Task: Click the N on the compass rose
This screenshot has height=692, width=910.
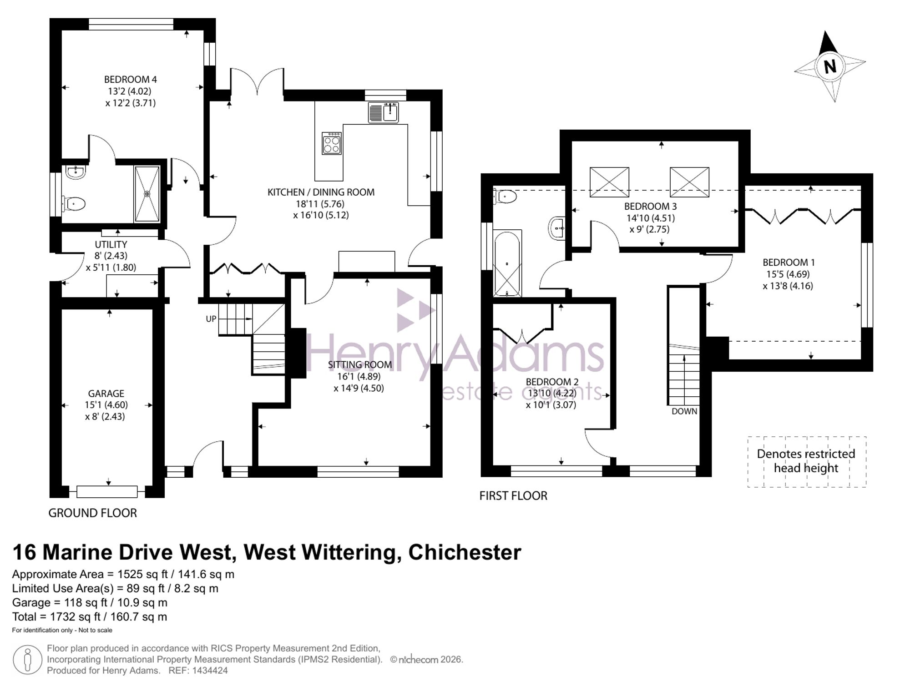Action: pyautogui.click(x=830, y=67)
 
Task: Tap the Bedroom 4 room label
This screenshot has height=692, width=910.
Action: pyautogui.click(x=131, y=80)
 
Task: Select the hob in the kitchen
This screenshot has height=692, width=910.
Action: pyautogui.click(x=332, y=143)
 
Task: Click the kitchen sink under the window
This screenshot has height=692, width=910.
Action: pyautogui.click(x=384, y=112)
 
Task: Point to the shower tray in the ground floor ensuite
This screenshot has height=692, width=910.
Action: pyautogui.click(x=147, y=194)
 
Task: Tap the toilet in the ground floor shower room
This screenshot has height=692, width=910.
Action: pyautogui.click(x=74, y=203)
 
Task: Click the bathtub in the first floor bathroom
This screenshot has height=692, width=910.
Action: pyautogui.click(x=507, y=263)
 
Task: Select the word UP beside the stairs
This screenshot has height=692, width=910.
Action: pyautogui.click(x=211, y=319)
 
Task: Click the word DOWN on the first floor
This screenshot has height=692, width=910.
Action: pyautogui.click(x=684, y=411)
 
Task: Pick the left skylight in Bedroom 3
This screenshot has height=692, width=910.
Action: pyautogui.click(x=609, y=182)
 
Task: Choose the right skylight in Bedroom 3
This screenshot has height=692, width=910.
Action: pyautogui.click(x=689, y=182)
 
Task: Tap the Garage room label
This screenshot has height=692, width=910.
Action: pyautogui.click(x=106, y=394)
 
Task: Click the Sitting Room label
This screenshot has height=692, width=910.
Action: pyautogui.click(x=360, y=364)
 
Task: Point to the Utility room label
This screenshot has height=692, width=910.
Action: pyautogui.click(x=111, y=244)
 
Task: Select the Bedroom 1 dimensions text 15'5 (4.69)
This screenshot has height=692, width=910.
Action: pyautogui.click(x=789, y=274)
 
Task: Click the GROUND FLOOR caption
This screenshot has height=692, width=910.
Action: pyautogui.click(x=93, y=513)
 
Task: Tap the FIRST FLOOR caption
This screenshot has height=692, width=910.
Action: pyautogui.click(x=513, y=495)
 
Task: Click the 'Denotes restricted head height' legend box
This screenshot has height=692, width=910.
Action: pyautogui.click(x=807, y=462)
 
